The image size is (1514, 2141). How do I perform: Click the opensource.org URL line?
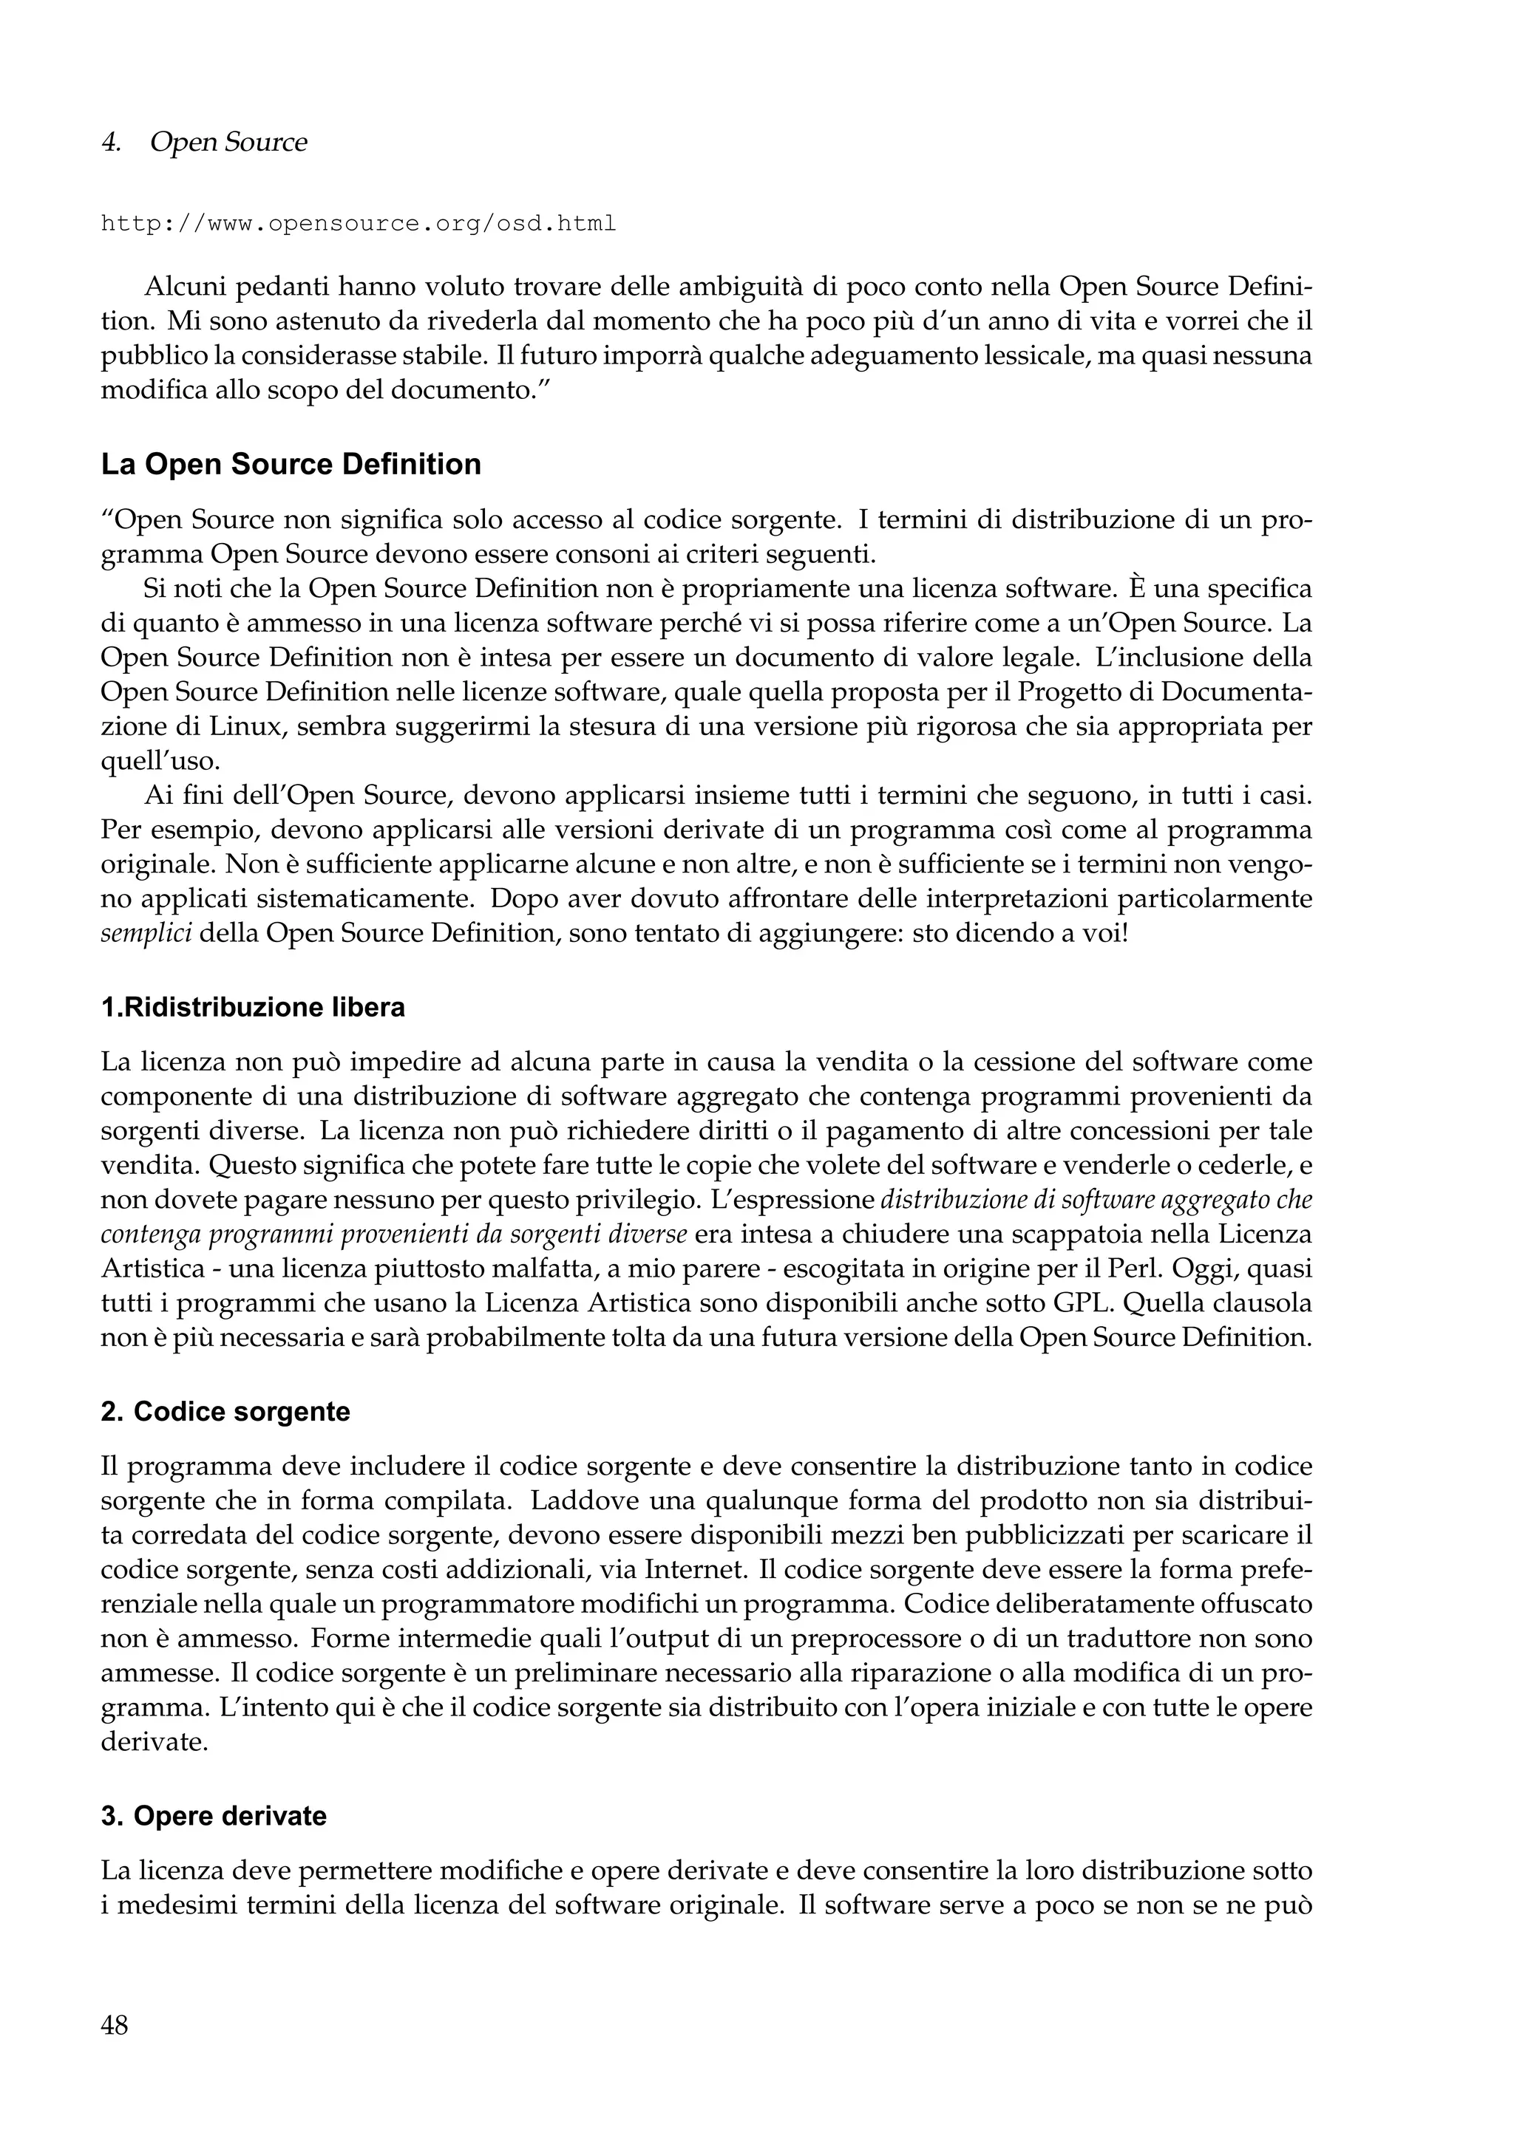point(359,224)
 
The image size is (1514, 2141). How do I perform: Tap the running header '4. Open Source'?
point(203,143)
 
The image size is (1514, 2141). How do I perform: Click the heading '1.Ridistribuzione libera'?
point(253,1007)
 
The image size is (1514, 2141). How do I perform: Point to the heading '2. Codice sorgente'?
point(225,1412)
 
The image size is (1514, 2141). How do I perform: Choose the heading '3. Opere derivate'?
point(214,1817)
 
